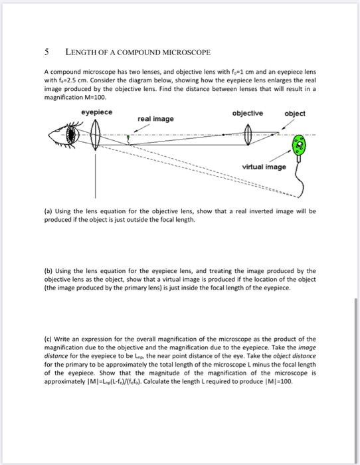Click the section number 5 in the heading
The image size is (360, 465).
(x=46, y=52)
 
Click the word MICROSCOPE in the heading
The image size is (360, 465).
(x=185, y=52)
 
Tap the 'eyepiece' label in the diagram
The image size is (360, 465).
(x=97, y=112)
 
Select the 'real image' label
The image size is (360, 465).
(x=155, y=119)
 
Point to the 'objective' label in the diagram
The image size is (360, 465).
(x=248, y=114)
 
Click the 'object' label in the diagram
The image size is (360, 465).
(x=295, y=114)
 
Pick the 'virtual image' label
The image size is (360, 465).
(x=264, y=167)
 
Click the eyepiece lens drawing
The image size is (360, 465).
(x=95, y=135)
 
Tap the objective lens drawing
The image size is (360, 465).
(x=248, y=135)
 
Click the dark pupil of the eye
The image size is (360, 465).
(x=71, y=135)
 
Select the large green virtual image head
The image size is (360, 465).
(x=300, y=145)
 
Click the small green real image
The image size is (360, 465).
(x=128, y=138)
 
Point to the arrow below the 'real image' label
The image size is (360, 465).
(x=141, y=128)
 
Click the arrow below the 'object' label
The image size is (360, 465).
(x=288, y=124)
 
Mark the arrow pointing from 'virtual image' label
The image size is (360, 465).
(x=280, y=156)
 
